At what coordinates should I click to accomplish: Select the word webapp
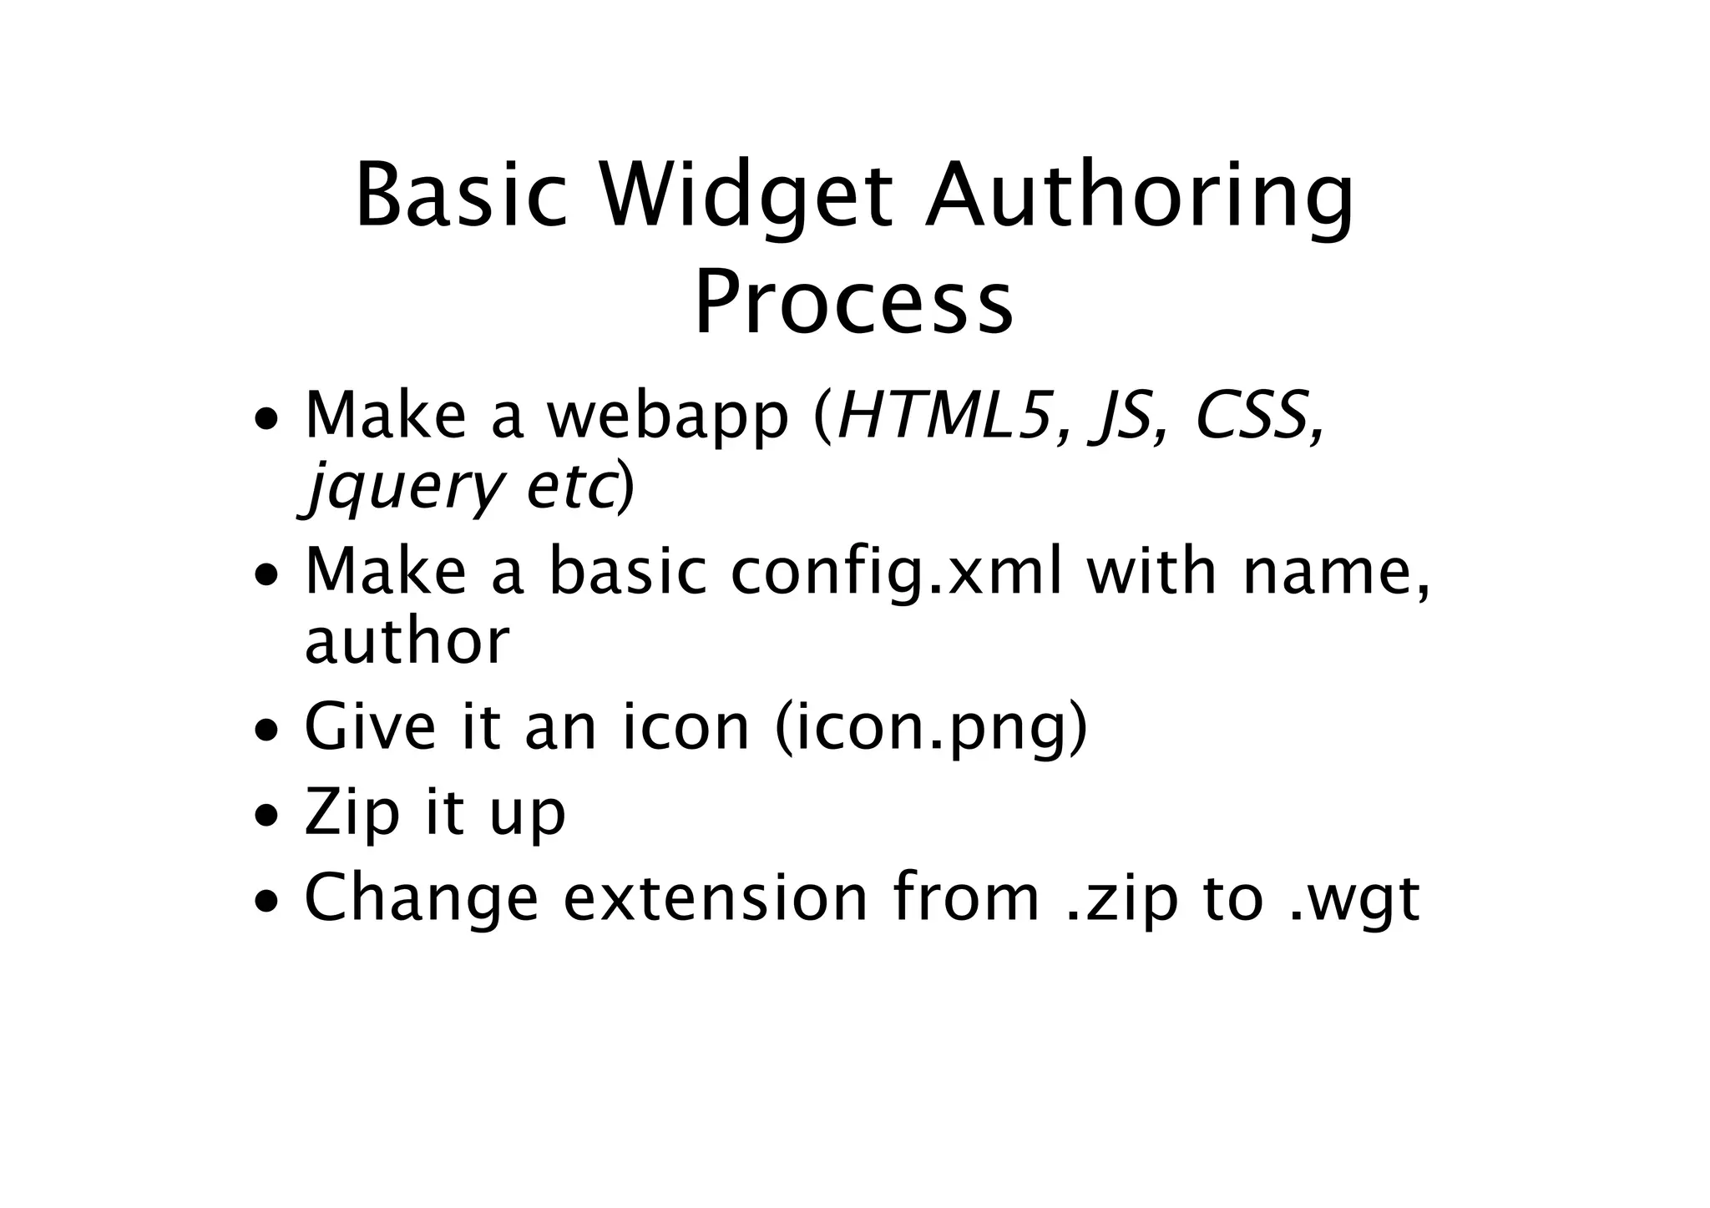(x=668, y=417)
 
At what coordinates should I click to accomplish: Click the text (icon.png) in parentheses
(x=931, y=729)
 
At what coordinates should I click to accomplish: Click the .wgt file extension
(x=1353, y=900)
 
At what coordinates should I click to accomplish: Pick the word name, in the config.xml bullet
(x=1334, y=574)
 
